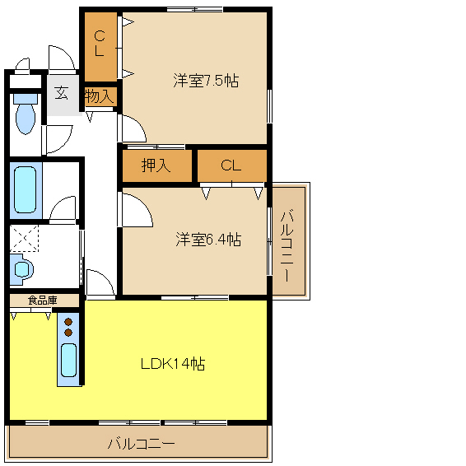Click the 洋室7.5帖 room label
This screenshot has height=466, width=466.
206,81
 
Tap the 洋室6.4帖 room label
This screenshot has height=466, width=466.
208,240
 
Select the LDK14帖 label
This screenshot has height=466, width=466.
173,363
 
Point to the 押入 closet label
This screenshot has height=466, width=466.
156,165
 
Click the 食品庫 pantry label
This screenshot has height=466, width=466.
42,301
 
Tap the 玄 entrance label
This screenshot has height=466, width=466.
61,93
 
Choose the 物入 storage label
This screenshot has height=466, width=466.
100,96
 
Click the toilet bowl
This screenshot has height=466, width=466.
26,114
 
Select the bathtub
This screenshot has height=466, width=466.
26,189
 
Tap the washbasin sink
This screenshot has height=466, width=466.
22,269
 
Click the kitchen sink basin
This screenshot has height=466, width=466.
68,360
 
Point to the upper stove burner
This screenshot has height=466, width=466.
68,322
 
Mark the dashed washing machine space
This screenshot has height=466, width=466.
24,238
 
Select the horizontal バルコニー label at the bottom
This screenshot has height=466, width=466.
141,444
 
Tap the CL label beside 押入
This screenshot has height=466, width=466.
231,165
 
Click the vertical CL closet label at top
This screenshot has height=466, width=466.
100,44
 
